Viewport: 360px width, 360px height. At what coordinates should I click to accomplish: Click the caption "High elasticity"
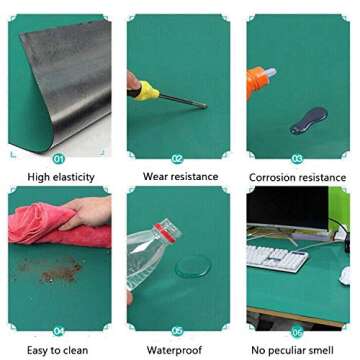point(61,177)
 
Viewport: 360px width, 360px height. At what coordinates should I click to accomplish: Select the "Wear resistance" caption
point(180,177)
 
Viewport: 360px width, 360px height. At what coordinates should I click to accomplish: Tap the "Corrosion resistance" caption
point(299,177)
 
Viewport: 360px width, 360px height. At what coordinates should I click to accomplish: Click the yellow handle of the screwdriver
point(148,92)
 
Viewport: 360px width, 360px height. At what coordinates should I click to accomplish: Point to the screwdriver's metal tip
point(200,104)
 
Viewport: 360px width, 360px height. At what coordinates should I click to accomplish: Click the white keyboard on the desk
point(276,258)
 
